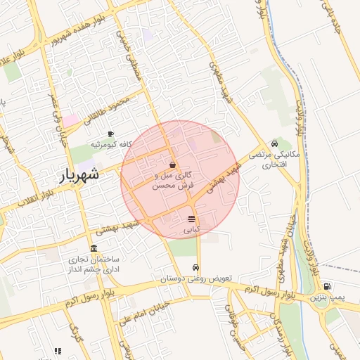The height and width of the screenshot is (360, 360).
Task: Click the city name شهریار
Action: (77, 176)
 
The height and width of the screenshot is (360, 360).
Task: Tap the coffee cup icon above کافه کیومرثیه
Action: (110, 134)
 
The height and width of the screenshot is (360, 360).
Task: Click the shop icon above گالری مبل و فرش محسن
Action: (172, 165)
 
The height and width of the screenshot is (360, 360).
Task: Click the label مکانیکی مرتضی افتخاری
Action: (275, 160)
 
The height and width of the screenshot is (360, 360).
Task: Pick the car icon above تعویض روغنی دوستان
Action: (195, 268)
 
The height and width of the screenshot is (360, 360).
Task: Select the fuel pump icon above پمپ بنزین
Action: (327, 287)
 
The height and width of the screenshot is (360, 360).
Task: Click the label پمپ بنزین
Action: (328, 298)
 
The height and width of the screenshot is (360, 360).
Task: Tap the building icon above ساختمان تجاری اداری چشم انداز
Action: (94, 247)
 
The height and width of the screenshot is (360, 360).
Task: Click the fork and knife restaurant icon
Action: (58, 351)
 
